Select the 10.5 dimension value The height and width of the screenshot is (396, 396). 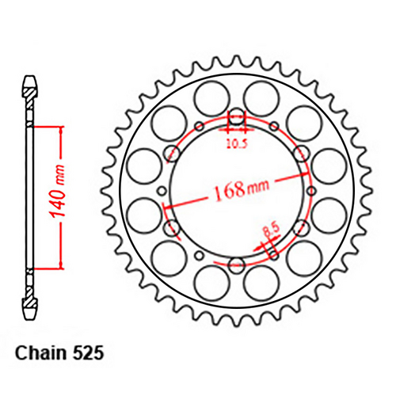pyautogui.click(x=237, y=144)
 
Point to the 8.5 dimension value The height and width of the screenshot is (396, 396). pyautogui.click(x=269, y=232)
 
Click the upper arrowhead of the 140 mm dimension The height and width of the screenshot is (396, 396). pyautogui.click(x=60, y=128)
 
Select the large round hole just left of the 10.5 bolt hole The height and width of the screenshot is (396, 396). pyautogui.click(x=210, y=99)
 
